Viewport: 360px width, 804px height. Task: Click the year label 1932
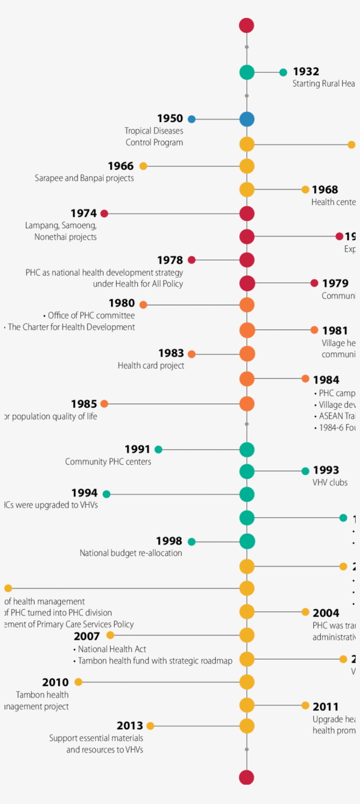[306, 71]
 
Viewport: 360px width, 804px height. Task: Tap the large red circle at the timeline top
[247, 25]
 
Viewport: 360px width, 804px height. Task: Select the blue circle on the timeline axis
[247, 119]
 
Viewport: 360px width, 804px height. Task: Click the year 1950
[170, 118]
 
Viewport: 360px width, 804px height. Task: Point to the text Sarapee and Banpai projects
[84, 178]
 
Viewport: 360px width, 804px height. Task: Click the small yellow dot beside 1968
[305, 190]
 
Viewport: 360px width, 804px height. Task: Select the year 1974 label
[83, 213]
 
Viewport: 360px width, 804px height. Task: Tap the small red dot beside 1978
[191, 260]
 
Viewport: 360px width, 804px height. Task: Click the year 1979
[335, 284]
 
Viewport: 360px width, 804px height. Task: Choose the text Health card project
[151, 366]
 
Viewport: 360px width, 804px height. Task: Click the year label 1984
[326, 380]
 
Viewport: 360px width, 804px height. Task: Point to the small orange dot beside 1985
[104, 404]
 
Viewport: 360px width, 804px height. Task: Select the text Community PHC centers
[108, 462]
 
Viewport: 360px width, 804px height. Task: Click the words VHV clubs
[330, 483]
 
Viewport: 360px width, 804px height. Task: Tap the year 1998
[169, 541]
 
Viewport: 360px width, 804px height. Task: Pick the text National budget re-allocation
[130, 553]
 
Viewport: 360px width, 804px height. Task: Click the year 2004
[326, 613]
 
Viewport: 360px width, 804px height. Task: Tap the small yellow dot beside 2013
[150, 726]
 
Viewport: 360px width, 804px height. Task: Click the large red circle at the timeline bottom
[247, 777]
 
